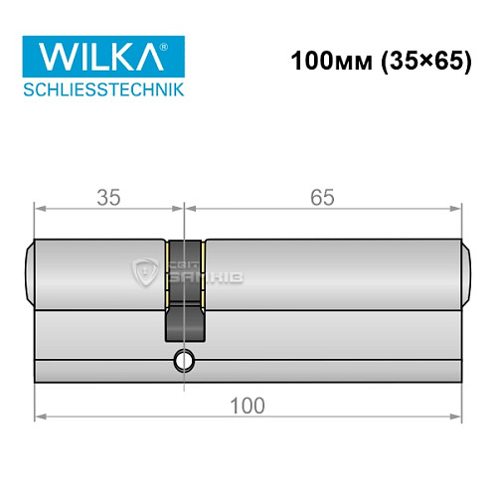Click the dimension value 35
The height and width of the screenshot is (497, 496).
109,197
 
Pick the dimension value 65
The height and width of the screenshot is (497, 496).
322,197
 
